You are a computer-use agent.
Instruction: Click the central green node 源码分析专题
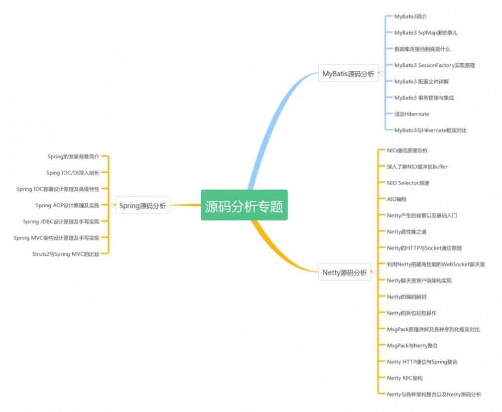tap(244, 205)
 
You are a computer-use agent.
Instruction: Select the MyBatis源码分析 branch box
tap(348, 74)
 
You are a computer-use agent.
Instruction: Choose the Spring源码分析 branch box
tap(143, 205)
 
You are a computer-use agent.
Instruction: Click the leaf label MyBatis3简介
tap(410, 17)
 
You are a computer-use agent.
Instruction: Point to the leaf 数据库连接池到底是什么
tap(422, 49)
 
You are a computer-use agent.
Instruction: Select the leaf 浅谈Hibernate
tap(412, 114)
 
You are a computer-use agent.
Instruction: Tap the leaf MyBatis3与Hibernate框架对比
tap(431, 130)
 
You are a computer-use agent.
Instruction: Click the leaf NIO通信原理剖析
tap(407, 150)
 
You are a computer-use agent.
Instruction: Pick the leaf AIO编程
tap(397, 199)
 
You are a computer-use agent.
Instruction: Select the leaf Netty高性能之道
tap(406, 232)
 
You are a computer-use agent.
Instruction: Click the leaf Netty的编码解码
tap(406, 297)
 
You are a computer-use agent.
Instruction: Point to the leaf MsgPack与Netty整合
tap(412, 345)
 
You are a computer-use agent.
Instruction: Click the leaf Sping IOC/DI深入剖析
tap(72, 173)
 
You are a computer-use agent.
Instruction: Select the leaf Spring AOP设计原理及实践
tap(67, 205)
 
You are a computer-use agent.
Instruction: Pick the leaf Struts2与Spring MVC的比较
tap(65, 254)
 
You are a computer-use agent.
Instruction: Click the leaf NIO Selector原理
tap(408, 183)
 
